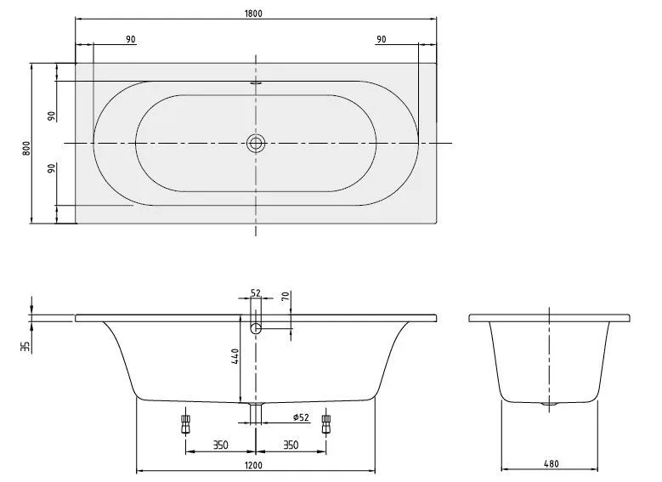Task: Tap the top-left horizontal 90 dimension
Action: point(130,40)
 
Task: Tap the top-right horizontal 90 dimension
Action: point(382,40)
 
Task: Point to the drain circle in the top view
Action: point(256,143)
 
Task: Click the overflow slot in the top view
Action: point(256,84)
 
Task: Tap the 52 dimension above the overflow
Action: point(256,293)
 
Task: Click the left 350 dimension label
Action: point(219,444)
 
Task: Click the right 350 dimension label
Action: point(290,444)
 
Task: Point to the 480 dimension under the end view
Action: point(551,465)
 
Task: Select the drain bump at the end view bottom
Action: point(551,404)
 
